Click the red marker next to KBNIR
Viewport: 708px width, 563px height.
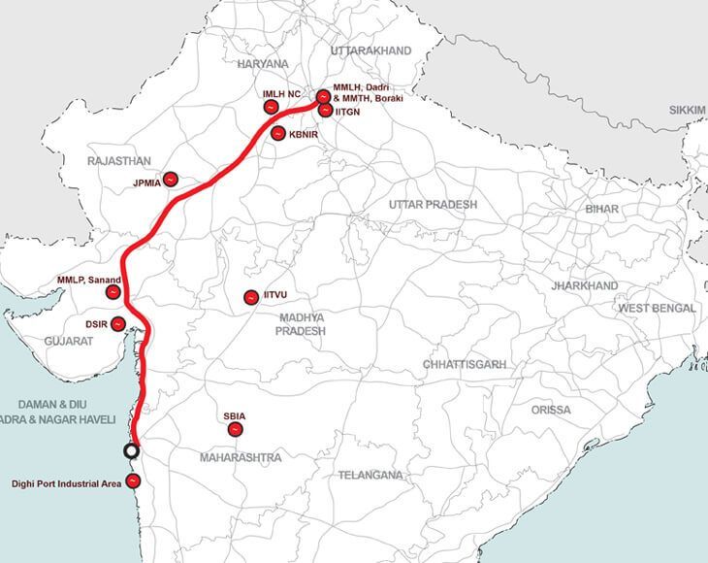[x=277, y=134]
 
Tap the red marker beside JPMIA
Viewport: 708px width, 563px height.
[x=171, y=180]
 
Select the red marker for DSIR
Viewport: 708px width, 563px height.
[x=118, y=323]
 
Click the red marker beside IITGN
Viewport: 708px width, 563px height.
[x=324, y=112]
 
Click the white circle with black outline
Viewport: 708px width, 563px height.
[x=133, y=449]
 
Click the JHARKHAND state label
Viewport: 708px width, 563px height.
[x=583, y=287]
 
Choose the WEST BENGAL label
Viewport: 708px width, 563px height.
[x=659, y=308]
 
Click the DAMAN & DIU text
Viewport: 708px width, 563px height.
[x=48, y=403]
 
